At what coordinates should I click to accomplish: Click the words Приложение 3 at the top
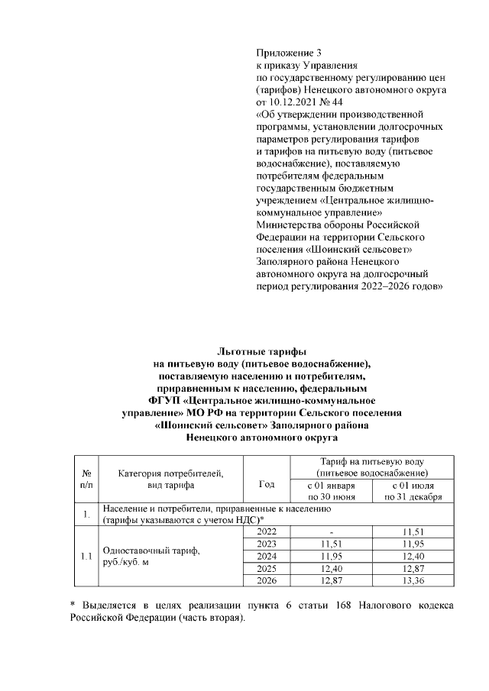point(289,53)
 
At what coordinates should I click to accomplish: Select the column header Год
point(267,484)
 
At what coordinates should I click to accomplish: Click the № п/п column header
point(86,478)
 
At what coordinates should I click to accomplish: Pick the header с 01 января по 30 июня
point(331,491)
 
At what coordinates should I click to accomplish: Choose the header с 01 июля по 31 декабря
point(413,491)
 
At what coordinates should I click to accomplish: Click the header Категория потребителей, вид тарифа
point(170,478)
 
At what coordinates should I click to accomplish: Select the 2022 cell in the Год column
point(267,531)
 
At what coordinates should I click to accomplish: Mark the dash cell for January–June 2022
point(331,532)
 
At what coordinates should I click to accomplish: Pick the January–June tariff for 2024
point(331,557)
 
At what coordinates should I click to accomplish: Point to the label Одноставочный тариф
point(151,551)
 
